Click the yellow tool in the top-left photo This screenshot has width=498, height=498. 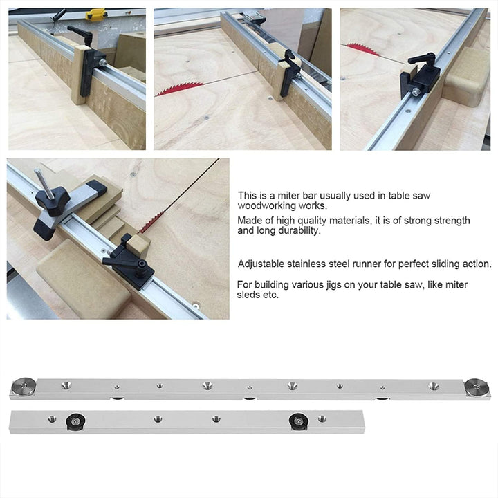[95, 14]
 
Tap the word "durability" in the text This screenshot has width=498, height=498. [298, 231]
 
